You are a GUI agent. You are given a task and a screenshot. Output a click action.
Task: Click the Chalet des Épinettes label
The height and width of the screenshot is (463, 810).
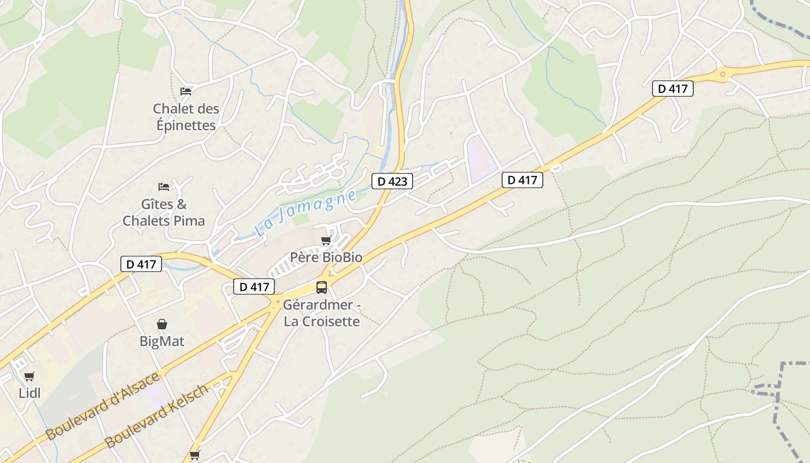point(186,116)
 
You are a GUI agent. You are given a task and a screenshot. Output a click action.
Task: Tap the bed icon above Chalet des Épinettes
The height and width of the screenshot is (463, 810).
point(185,91)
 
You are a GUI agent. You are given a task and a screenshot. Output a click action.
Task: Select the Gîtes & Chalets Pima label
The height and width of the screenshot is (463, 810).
point(164,212)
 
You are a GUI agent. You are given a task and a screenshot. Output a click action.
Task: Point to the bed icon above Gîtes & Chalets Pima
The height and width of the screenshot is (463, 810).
point(164,186)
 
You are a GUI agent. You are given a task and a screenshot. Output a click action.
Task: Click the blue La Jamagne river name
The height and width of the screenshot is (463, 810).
point(305,214)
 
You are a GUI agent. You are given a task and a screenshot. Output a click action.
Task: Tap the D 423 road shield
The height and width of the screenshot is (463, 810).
point(392,181)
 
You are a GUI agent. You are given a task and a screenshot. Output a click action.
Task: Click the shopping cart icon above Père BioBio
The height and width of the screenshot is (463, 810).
point(326,240)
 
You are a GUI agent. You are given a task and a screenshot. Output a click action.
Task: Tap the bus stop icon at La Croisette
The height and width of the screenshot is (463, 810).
point(322,287)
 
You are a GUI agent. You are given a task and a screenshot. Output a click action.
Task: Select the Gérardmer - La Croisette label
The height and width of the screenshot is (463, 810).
point(322,313)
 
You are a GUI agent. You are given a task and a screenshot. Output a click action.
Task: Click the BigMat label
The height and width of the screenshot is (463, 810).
point(162,341)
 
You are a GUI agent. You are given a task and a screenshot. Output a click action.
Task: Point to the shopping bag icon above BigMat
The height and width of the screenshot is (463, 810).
point(162,324)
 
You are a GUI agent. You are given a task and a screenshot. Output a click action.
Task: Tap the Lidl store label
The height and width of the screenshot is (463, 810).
point(30,393)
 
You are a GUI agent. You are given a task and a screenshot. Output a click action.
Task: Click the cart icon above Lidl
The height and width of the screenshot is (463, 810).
point(30,376)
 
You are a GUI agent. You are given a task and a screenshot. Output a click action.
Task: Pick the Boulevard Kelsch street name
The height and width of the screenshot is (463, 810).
point(156,416)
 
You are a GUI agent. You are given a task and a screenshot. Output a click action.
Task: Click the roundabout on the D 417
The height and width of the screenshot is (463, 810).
point(722,74)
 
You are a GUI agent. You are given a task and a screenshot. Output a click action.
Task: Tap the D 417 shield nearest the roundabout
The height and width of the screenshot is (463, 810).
point(673,89)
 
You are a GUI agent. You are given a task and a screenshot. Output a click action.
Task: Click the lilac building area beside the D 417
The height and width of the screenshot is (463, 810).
point(480,158)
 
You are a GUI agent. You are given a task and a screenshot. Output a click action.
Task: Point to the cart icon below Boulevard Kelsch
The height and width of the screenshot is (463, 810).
point(194,455)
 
